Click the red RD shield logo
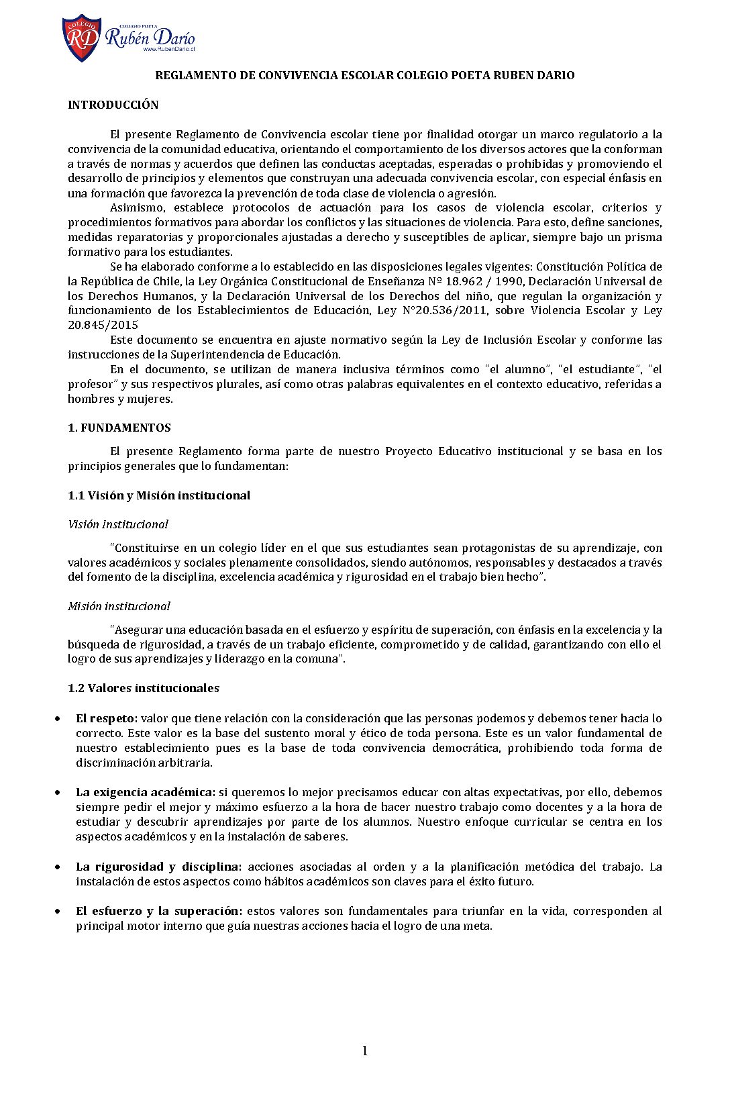point(82,38)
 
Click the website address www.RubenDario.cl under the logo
point(168,50)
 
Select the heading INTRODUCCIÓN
point(113,105)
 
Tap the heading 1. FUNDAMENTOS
point(119,428)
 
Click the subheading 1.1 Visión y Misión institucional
point(159,495)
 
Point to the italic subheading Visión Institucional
point(118,524)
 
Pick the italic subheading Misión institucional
point(119,606)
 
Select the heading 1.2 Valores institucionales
point(144,688)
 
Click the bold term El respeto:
point(107,718)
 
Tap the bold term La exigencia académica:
point(146,792)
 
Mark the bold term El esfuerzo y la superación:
point(159,911)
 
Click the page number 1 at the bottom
point(365,1051)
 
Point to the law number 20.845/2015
point(103,325)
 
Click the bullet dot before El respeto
point(59,719)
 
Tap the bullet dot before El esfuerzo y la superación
point(59,912)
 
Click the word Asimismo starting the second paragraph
point(140,207)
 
